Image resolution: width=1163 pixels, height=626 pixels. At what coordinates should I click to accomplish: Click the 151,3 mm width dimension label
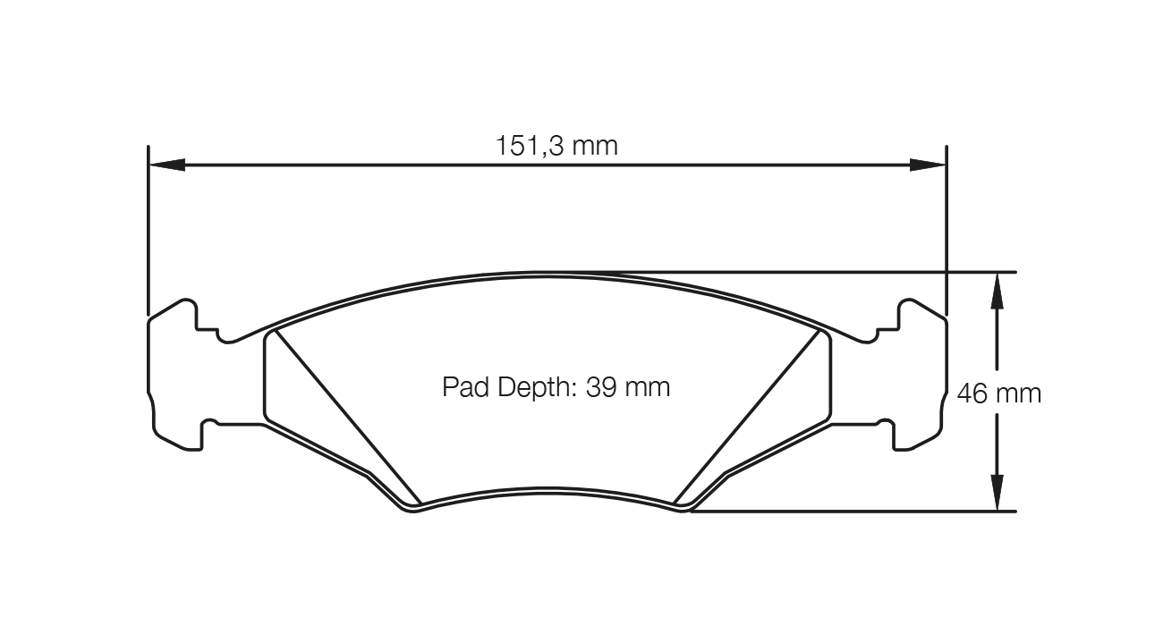click(x=556, y=146)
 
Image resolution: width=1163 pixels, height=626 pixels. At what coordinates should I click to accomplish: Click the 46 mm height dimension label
click(x=999, y=393)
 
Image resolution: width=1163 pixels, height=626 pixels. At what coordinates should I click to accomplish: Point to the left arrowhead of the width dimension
click(x=166, y=165)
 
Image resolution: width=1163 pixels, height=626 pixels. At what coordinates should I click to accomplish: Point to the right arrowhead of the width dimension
click(x=928, y=165)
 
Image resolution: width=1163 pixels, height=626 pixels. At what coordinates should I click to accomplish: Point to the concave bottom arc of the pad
click(x=548, y=490)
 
